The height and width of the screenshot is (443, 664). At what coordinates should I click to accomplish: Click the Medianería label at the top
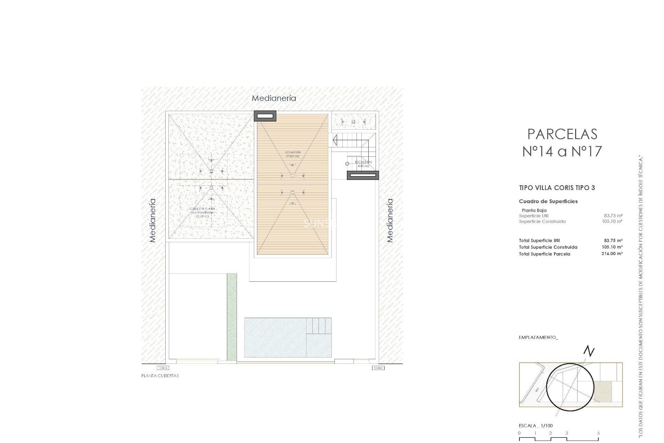(274, 98)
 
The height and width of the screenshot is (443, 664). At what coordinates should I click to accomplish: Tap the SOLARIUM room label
(293, 152)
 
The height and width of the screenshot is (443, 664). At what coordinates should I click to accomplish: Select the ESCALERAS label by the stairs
(363, 162)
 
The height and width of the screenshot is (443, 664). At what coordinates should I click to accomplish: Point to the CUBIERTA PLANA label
(202, 209)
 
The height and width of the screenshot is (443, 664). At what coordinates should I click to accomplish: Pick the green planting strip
(232, 317)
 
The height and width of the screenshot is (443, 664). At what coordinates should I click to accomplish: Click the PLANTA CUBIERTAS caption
(160, 376)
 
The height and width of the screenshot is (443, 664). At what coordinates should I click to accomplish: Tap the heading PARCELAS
(562, 134)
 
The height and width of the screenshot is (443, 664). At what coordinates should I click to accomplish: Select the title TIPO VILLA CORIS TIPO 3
(557, 188)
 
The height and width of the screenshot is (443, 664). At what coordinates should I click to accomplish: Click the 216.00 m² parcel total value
(612, 254)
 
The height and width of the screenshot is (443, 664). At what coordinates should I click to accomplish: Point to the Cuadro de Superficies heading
(548, 201)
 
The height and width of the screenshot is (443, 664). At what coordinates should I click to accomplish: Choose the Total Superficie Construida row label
(548, 247)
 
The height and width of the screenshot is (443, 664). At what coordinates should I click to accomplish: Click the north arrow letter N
(589, 351)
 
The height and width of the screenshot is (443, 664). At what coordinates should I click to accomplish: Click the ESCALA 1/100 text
(536, 426)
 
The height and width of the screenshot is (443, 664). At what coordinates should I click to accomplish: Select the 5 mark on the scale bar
(598, 433)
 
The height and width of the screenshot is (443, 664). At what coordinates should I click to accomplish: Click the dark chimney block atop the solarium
(265, 116)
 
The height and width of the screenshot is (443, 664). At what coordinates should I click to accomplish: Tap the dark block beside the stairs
(363, 175)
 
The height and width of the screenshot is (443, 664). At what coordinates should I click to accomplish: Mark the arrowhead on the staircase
(334, 140)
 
